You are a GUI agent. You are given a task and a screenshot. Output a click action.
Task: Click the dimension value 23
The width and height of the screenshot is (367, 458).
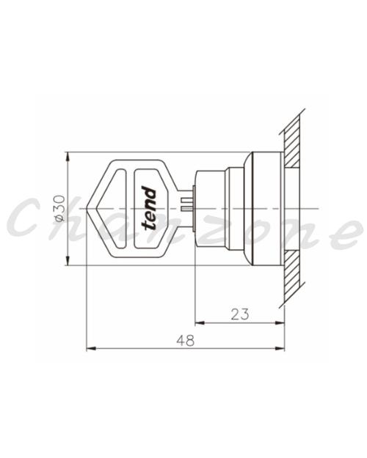tap(240, 314)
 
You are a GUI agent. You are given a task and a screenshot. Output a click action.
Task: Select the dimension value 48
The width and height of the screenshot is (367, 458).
tap(185, 340)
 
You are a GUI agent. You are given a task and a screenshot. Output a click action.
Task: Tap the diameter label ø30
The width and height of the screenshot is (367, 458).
tap(60, 209)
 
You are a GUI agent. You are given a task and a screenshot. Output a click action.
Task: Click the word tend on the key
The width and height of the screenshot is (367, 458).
tap(149, 208)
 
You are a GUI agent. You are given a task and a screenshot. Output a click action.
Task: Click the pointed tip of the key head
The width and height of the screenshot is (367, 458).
tap(87, 208)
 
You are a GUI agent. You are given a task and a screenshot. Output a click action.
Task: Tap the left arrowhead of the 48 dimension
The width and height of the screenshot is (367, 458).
tap(91, 349)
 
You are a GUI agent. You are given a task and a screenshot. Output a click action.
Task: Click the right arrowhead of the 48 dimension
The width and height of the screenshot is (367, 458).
tap(280, 349)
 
